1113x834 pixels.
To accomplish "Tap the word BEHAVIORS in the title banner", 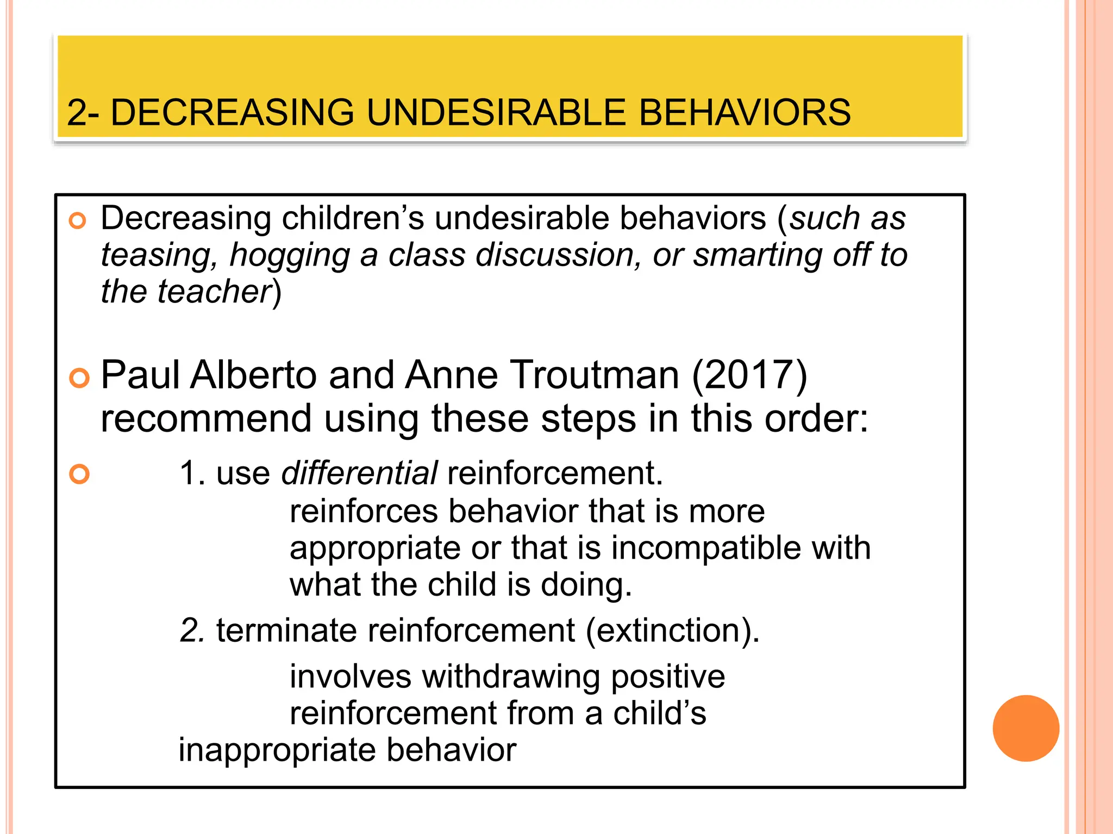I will coord(744,112).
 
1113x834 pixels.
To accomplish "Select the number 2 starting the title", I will coord(77,112).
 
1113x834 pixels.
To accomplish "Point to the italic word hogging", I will coord(289,256).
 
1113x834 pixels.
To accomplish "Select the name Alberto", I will coord(253,375).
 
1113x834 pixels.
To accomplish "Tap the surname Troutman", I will coord(595,375).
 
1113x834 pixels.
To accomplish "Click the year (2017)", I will coord(750,375).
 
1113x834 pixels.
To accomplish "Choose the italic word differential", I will coord(359,473).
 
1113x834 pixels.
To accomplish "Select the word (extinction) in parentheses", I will coord(672,630).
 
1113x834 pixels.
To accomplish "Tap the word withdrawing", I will coord(510,678).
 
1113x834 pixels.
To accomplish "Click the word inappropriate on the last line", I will coord(277,750).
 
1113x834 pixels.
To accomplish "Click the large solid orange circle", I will coord(1026,728).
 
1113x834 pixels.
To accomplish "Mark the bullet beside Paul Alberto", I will coord(79,378).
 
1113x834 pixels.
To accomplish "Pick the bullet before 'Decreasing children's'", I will coord(78,221).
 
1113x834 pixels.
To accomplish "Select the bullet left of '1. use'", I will coord(79,474).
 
